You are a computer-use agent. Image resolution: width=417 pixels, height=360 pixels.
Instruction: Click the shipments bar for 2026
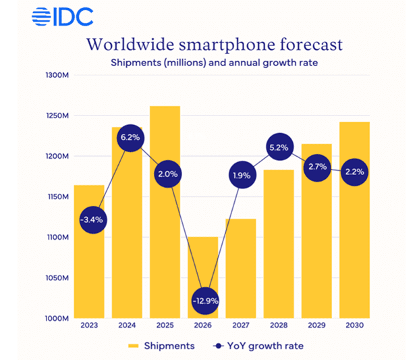point(202,270)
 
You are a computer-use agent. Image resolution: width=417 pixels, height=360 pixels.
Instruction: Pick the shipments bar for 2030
point(354,223)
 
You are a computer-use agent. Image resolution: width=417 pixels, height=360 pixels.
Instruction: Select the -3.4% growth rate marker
point(89,220)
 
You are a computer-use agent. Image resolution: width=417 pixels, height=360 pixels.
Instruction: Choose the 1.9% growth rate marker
point(240,175)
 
